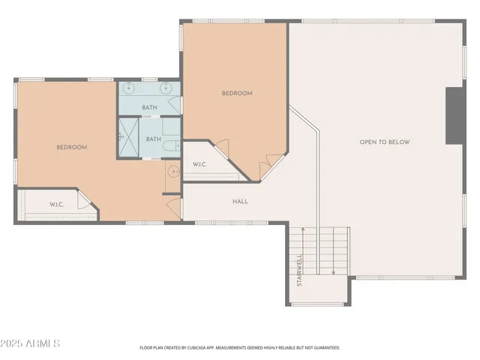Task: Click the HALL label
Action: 240,201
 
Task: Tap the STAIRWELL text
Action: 299,271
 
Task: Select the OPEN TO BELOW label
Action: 385,142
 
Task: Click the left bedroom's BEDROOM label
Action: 72,147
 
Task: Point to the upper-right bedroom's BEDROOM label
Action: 237,93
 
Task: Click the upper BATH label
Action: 150,107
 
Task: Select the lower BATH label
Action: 153,139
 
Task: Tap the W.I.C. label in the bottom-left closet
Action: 57,204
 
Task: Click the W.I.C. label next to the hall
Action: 199,164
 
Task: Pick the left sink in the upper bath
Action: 129,89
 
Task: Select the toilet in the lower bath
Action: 170,146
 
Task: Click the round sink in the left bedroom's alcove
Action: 173,172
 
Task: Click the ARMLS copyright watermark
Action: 31,343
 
